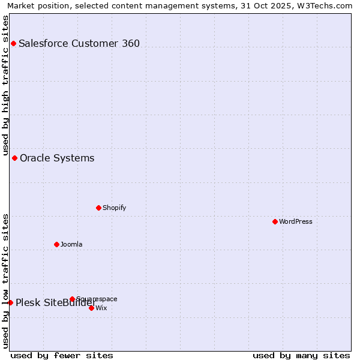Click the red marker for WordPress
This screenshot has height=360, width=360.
coord(275,221)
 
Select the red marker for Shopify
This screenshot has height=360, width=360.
coord(98,208)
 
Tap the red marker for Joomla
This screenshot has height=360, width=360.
coord(56,244)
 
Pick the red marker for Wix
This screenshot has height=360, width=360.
coord(91,308)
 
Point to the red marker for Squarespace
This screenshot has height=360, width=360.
coord(72,299)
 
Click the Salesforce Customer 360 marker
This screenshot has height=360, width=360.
coord(13,43)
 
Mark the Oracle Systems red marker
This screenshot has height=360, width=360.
coord(14,158)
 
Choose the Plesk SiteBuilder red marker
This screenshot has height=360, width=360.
coord(10,302)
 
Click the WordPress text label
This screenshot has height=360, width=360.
coord(296,221)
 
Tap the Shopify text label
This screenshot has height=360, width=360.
coord(114,208)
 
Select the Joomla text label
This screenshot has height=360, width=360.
coord(71,244)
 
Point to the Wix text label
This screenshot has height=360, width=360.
coord(101,308)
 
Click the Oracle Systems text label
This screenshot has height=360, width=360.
coord(57,158)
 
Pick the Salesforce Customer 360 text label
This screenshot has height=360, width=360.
coord(79,43)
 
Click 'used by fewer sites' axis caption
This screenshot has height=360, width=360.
coord(62,355)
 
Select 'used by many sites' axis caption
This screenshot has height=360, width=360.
coord(301,355)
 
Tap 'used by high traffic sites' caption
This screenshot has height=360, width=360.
coord(5,85)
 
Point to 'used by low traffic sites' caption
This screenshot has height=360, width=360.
coord(5,281)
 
